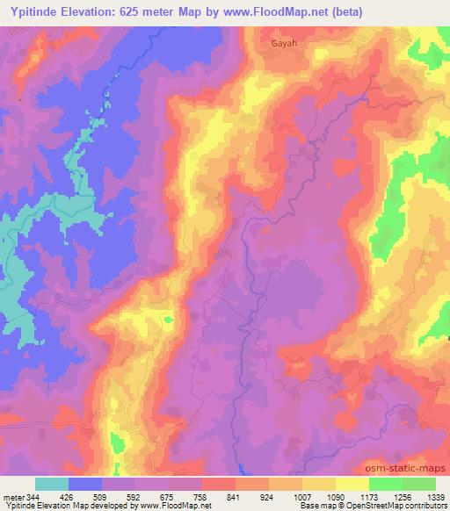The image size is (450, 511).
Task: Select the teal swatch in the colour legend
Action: pos(52,484)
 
